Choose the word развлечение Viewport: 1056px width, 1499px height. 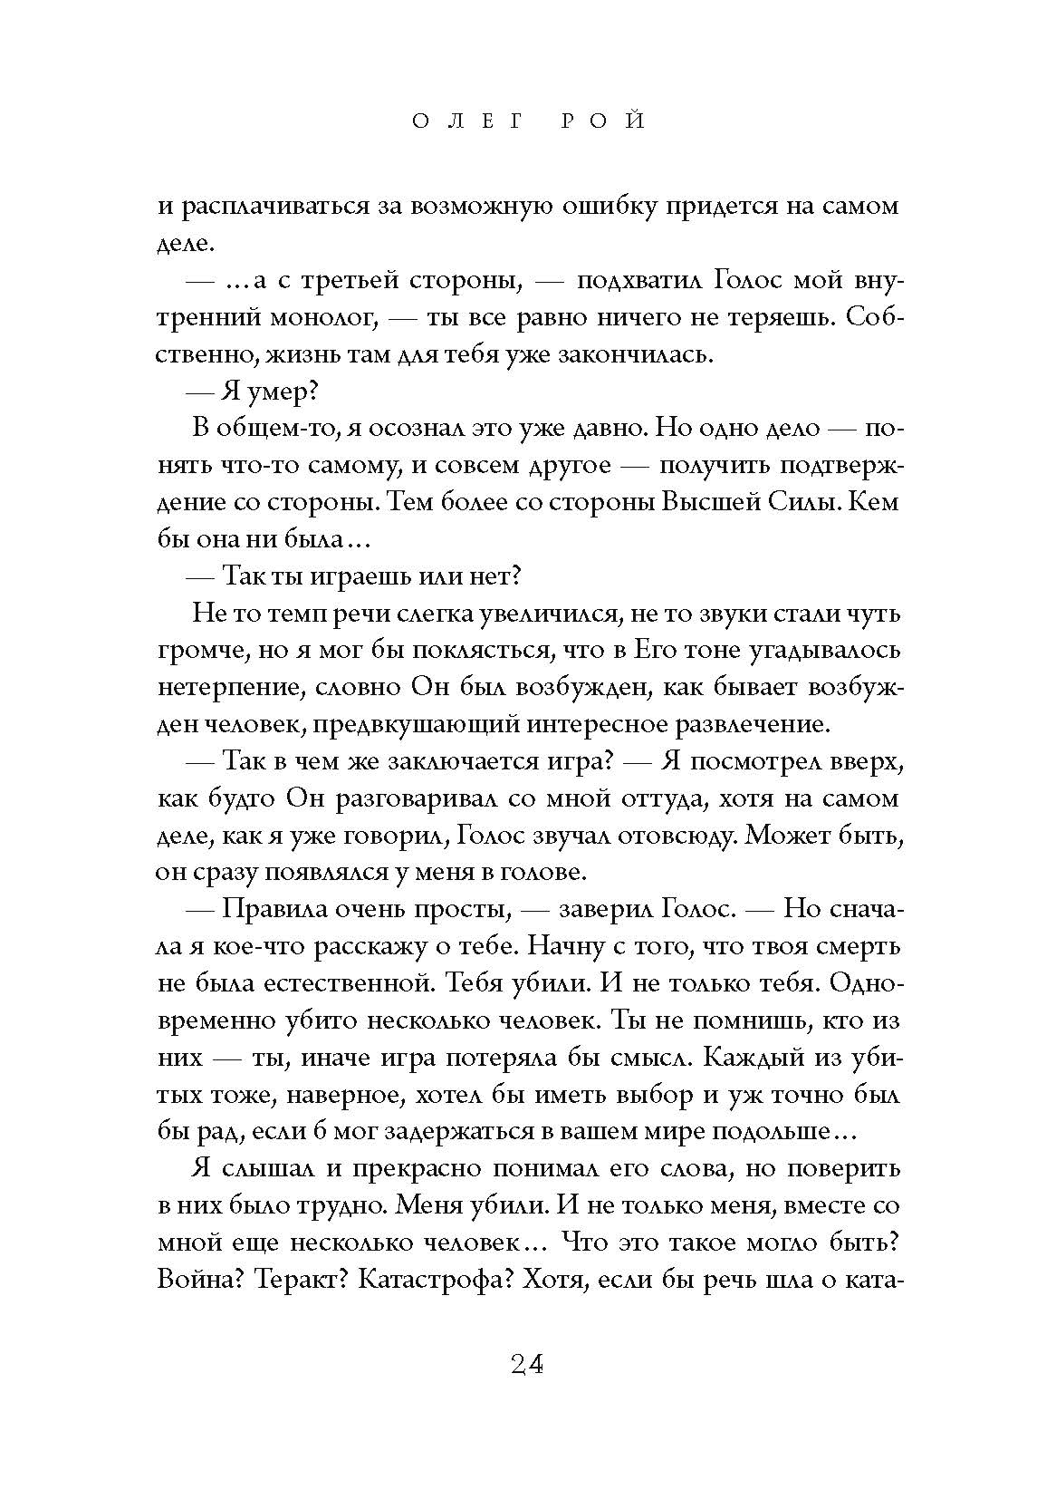[x=752, y=723]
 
